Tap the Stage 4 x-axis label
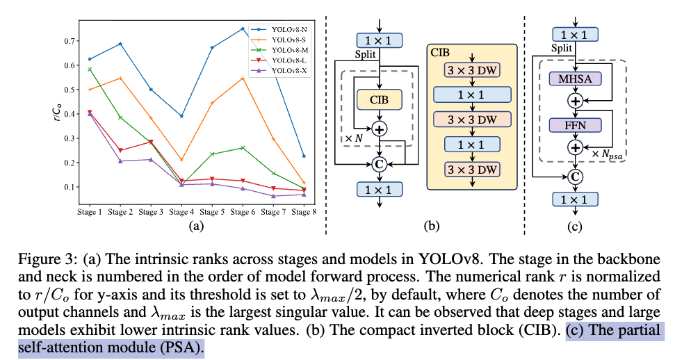[x=181, y=211]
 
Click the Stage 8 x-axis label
[x=303, y=211]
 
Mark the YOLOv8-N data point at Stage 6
[x=242, y=28]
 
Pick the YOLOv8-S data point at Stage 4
[x=181, y=160]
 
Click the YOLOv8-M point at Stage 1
[x=90, y=69]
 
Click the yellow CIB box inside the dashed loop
[x=379, y=99]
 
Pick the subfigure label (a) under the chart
[x=196, y=226]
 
